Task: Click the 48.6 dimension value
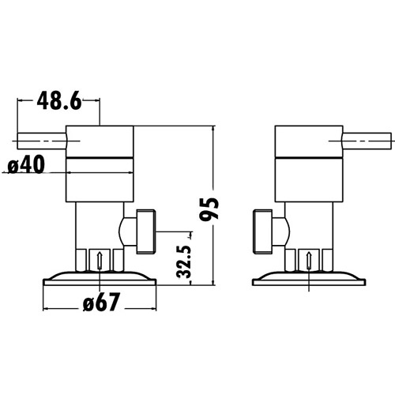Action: (59, 102)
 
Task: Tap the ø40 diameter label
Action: (26, 166)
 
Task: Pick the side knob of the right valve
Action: (263, 231)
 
